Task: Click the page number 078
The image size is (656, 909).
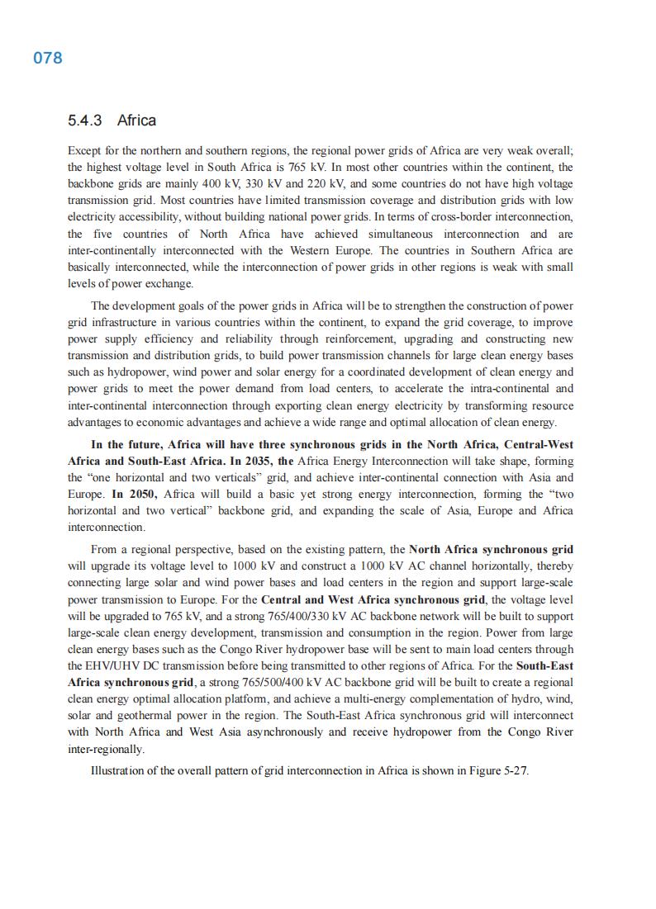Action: point(48,58)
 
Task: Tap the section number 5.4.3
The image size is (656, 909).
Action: point(84,121)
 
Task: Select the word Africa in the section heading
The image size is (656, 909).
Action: point(136,121)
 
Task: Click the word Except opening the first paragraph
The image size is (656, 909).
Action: point(84,151)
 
